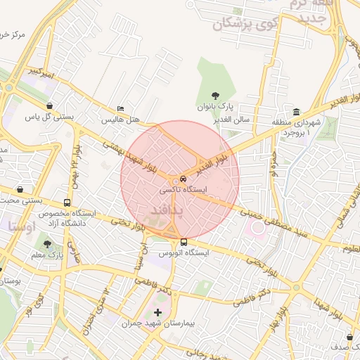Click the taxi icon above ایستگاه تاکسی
click(183, 179)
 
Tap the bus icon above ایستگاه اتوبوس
click(184, 242)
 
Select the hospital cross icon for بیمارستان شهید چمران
click(157, 311)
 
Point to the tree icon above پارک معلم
click(48, 244)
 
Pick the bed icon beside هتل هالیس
click(120, 109)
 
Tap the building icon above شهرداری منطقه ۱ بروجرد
click(296, 112)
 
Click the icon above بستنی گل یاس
click(49, 106)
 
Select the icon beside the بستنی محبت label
click(20, 190)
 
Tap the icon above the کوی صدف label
click(349, 337)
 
